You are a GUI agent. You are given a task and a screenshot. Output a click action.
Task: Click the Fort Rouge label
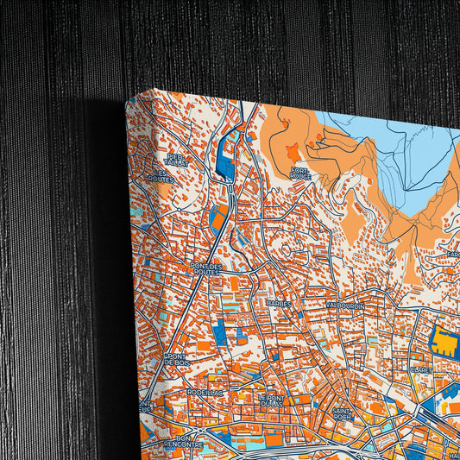coord(300,173)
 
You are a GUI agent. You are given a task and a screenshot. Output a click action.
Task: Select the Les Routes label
coord(158,175)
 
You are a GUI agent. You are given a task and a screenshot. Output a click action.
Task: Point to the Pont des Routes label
coord(207,269)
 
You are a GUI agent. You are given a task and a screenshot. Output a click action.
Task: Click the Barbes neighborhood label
coord(279,305)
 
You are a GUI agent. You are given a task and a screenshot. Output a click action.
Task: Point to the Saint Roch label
coord(343,413)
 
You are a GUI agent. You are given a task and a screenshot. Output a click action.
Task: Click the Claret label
coord(421,369)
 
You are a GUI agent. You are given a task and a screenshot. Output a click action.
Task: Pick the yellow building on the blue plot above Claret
coord(445,343)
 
